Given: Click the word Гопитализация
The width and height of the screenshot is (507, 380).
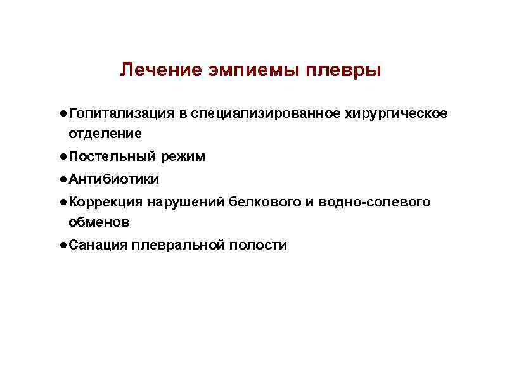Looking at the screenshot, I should coord(122,113).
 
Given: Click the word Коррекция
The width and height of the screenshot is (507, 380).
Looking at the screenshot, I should coord(105,203).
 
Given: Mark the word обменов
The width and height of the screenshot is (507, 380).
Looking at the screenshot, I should coord(99,222).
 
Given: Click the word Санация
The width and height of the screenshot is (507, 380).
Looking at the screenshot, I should coord(98,245).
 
